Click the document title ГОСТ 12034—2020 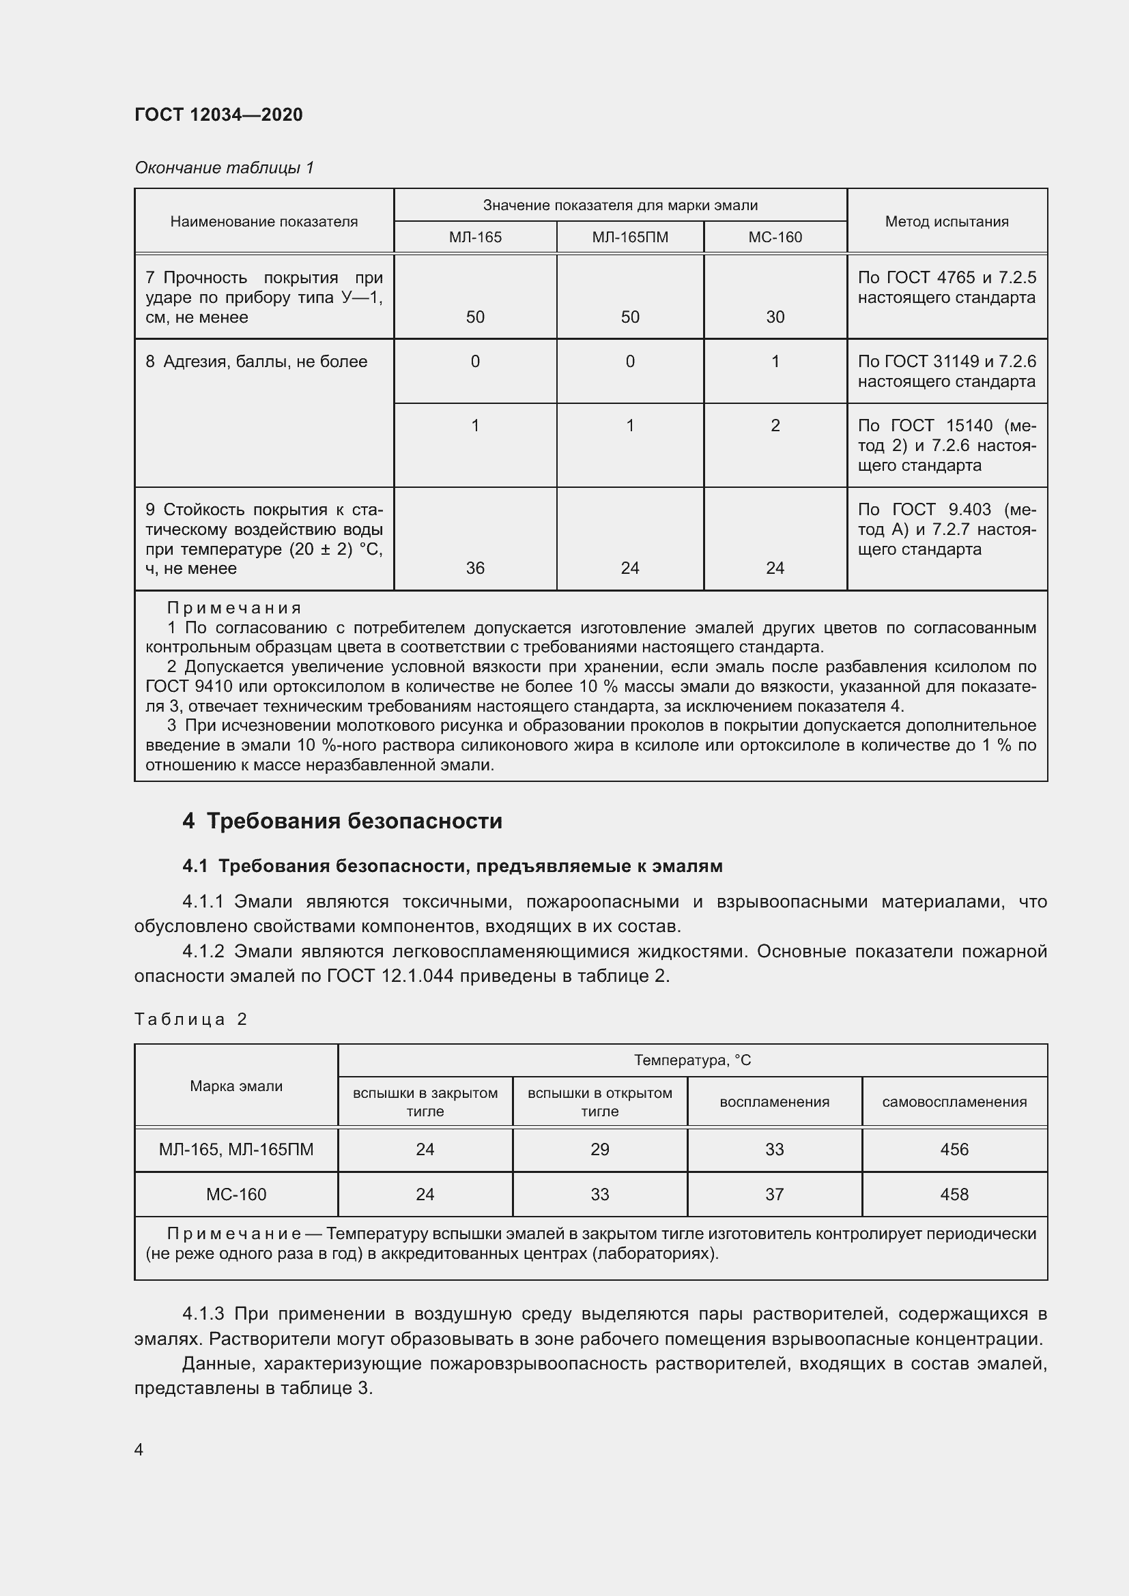tap(218, 115)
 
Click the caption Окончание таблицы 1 tap(224, 168)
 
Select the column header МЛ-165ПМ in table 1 tap(630, 237)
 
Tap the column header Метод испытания tap(946, 221)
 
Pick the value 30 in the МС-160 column tap(775, 317)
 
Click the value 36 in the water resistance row tap(475, 568)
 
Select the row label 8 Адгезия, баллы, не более tap(256, 362)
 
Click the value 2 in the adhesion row tap(775, 425)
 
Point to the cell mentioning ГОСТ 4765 tap(946, 287)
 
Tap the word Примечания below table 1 tap(234, 608)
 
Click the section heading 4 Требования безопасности tap(342, 821)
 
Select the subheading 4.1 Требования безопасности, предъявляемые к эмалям tap(452, 866)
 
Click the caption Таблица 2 tap(190, 1019)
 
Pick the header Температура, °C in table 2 tap(691, 1060)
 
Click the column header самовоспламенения tap(954, 1102)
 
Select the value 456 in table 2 tap(954, 1149)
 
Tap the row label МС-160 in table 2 tap(235, 1194)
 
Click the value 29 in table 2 tap(599, 1149)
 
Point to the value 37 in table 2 tap(774, 1194)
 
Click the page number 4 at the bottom tap(139, 1449)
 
